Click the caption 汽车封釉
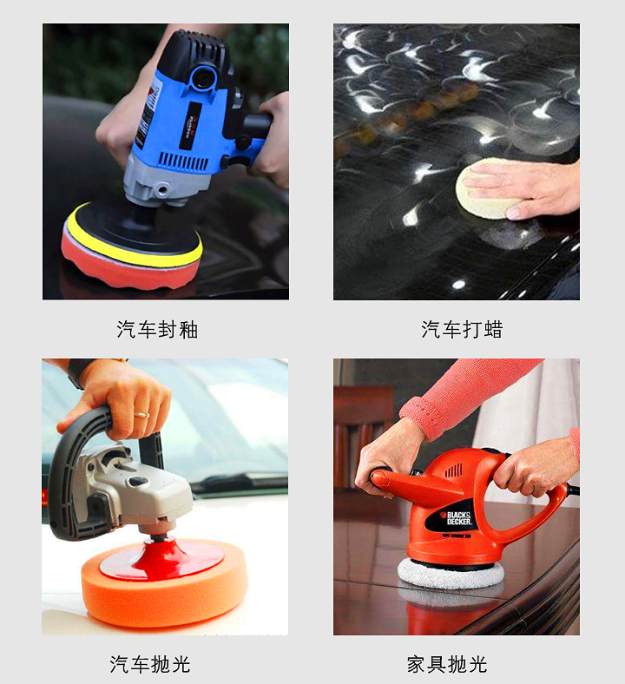point(157,330)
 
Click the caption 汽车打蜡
point(462,330)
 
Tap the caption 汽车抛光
point(149,665)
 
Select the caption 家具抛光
point(447,665)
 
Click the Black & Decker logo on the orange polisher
point(459,518)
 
